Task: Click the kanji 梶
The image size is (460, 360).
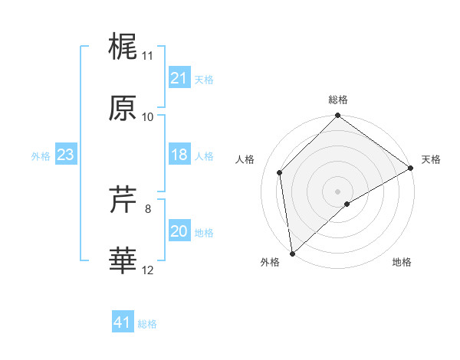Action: coord(123,47)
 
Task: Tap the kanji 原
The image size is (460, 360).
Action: coord(123,108)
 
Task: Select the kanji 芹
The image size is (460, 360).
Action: coord(123,201)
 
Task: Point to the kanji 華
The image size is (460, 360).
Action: coord(123,261)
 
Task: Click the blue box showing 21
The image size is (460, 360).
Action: coord(179,78)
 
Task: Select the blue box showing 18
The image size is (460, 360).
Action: coord(179,155)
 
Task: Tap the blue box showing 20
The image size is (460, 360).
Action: coord(179,231)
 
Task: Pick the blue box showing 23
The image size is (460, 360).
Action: coord(66,155)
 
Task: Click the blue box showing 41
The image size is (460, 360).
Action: coord(123,322)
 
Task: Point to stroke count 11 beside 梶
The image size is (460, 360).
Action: coord(148,56)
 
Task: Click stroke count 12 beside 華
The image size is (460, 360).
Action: coord(148,270)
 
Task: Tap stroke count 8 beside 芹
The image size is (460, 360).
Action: coord(148,208)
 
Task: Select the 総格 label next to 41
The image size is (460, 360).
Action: coord(148,324)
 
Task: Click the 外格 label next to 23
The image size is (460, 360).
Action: coord(41,155)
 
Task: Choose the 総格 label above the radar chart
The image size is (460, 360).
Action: coord(338,100)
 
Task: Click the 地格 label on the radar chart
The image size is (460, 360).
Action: coord(402,262)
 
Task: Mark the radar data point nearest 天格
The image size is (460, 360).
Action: coord(411,168)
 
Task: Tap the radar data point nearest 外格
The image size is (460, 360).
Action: coord(292,254)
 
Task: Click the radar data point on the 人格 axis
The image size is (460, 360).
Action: coord(280,172)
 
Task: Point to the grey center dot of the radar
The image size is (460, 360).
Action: coord(338,191)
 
